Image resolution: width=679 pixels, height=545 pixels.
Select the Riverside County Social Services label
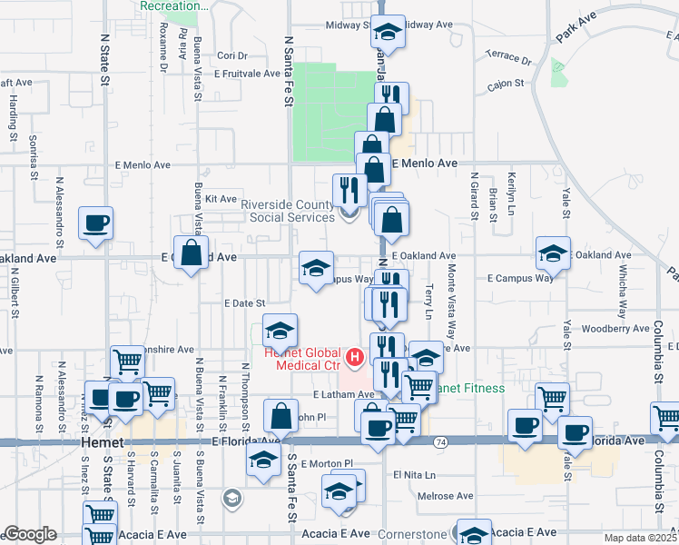[x=291, y=211]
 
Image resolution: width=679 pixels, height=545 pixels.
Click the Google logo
[x=29, y=535]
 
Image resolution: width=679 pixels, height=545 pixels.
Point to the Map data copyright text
[x=641, y=537]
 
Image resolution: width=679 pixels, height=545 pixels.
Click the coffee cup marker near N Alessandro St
[x=95, y=223]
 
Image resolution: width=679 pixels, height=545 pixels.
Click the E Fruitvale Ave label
[x=247, y=74]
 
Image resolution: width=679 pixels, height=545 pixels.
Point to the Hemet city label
[x=95, y=441]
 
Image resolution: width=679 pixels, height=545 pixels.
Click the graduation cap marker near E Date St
[x=280, y=329]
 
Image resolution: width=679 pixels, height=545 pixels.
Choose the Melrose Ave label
[x=446, y=496]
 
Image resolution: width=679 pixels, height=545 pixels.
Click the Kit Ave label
[x=221, y=199]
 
